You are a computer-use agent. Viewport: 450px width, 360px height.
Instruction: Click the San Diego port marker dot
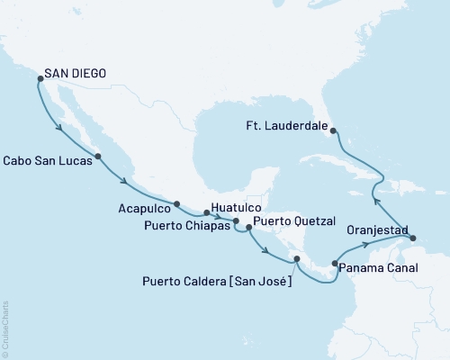point(40,79)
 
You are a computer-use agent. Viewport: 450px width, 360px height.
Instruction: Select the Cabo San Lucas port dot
point(98,157)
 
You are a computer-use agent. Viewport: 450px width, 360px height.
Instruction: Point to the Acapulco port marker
point(177,204)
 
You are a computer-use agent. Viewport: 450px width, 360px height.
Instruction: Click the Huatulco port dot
point(206,213)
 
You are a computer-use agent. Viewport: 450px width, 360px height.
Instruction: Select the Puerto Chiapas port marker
point(236,221)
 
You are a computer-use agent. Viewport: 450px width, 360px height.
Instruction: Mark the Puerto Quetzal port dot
point(248,229)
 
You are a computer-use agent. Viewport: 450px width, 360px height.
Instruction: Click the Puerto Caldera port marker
point(295,260)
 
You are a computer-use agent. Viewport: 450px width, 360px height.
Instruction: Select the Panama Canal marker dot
point(335,264)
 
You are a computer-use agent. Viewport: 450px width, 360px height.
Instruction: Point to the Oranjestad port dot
point(412,238)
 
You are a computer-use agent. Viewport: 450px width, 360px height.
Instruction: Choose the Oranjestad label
point(370,229)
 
